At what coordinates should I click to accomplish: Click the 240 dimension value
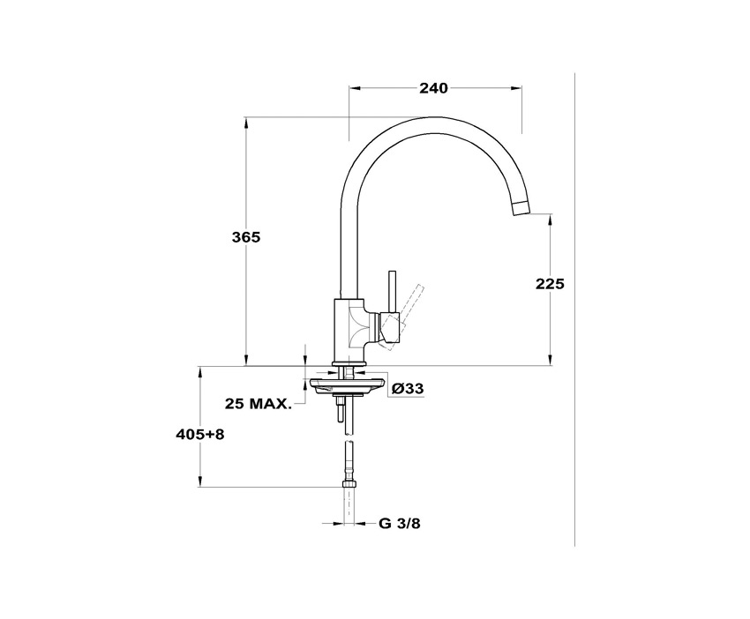click(x=433, y=87)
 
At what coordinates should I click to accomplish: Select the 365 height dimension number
click(x=246, y=237)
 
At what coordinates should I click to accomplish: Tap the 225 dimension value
click(x=549, y=283)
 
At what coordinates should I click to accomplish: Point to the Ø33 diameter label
click(x=407, y=388)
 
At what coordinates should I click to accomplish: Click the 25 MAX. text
click(x=259, y=404)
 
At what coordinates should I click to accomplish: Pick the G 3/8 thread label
click(x=400, y=523)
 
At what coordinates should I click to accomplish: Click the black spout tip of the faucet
click(x=521, y=208)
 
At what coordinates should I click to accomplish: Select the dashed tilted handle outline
click(x=410, y=303)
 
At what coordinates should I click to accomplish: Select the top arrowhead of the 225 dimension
click(x=551, y=219)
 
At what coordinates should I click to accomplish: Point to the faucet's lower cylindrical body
click(x=349, y=332)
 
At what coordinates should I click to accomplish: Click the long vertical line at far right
click(x=574, y=309)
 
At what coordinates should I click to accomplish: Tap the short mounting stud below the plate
click(x=340, y=411)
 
